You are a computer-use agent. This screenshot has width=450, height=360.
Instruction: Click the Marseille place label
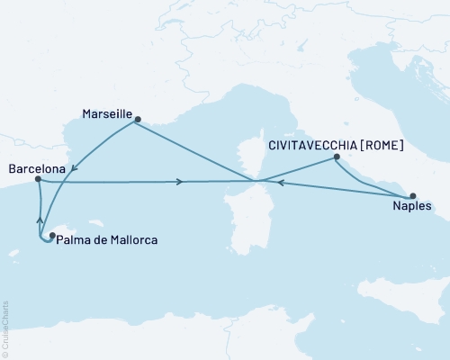106,115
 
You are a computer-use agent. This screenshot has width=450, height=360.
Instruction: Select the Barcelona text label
35,167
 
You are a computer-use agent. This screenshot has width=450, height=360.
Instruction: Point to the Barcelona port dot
38,179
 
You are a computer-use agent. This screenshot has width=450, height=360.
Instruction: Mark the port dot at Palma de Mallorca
51,236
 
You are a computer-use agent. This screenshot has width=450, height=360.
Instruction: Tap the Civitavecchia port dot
337,157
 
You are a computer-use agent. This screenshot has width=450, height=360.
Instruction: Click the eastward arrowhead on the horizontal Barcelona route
182,182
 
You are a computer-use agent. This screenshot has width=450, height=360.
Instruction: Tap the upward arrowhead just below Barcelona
39,219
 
